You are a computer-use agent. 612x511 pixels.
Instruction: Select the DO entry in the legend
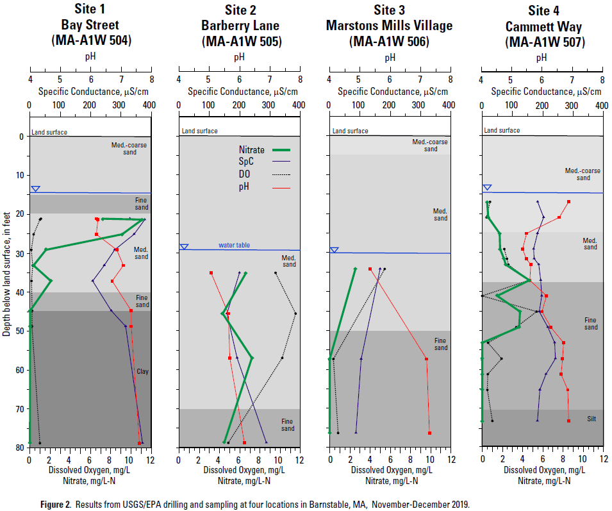click(244, 174)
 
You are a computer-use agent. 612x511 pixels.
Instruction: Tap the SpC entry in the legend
click(246, 162)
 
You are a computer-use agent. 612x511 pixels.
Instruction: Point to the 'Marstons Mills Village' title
click(389, 26)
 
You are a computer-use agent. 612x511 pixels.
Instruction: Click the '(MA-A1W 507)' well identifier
click(542, 42)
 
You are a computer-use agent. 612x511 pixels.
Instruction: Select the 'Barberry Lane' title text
click(238, 26)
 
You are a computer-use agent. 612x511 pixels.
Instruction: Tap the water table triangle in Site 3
click(334, 250)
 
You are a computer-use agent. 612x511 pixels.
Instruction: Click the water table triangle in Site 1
click(36, 189)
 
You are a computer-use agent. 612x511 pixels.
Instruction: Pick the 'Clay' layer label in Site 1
click(142, 371)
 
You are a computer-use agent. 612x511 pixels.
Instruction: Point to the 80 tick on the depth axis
click(20, 448)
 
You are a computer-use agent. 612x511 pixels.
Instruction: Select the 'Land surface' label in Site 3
click(350, 131)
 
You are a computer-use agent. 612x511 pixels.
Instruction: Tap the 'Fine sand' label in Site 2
click(288, 424)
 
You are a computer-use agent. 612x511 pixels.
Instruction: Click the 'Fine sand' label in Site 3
click(440, 344)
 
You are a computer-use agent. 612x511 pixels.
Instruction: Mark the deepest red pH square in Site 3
click(429, 433)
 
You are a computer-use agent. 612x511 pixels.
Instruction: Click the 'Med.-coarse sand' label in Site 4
click(583, 174)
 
